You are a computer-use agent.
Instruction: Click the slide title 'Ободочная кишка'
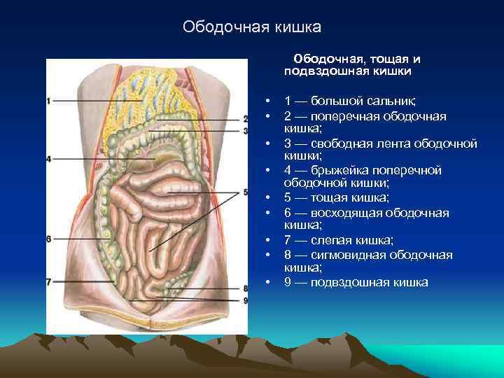(x=251, y=27)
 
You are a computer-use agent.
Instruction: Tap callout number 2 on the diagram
(x=246, y=119)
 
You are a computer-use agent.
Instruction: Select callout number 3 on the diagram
(x=246, y=130)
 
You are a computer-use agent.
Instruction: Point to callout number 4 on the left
(x=48, y=160)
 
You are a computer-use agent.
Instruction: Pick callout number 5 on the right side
(x=246, y=192)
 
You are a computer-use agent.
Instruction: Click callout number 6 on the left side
(x=48, y=239)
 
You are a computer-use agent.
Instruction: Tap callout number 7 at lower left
(x=48, y=282)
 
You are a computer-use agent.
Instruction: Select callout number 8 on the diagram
(x=246, y=288)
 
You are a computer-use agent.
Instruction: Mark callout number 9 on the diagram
(x=246, y=300)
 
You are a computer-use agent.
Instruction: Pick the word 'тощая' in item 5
(x=328, y=198)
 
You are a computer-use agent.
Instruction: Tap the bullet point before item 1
(x=269, y=101)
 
